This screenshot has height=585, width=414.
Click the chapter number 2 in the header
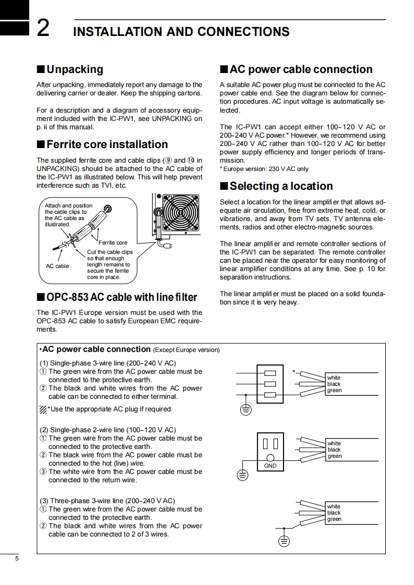pos(43,29)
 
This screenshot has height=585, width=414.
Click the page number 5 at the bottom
pos(17,559)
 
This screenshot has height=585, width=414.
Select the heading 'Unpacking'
pos(75,69)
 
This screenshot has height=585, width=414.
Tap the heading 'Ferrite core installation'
pos(107,144)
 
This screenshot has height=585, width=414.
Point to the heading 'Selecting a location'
pos(281,186)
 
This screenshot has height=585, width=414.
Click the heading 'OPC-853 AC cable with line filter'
pos(122,297)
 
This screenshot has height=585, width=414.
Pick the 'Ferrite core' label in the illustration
pos(113,242)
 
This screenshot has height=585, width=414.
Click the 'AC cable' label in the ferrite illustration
pos(57,266)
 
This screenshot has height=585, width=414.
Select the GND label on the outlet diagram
pos(270,466)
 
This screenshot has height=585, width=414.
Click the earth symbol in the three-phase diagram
pos(283,541)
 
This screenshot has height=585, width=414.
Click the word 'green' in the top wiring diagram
pos(334,391)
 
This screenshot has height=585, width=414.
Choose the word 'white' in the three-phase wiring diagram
pos(334,506)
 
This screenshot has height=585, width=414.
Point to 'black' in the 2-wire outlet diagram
pos(334,449)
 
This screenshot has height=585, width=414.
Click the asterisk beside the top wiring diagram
pos(294,372)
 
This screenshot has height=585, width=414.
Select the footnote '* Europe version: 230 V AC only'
pos(264,169)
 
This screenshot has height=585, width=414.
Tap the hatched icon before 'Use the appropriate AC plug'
pos(43,409)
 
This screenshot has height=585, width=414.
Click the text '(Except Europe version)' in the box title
pos(186,350)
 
